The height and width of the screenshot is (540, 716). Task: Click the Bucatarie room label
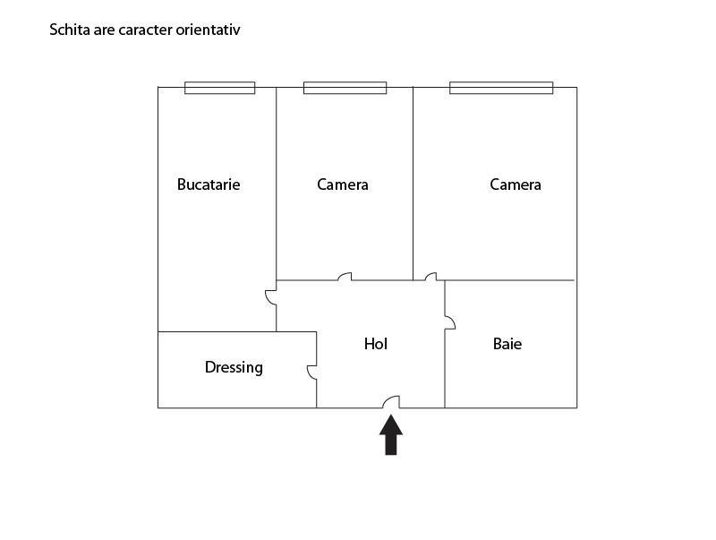[x=209, y=184]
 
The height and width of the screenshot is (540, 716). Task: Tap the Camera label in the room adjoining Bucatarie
[x=343, y=184]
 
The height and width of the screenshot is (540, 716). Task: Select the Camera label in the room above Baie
[x=516, y=184]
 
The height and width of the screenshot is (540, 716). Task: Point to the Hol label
[x=375, y=344]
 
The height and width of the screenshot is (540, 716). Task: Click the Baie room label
[x=507, y=344]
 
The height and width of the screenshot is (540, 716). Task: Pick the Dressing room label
[x=234, y=367]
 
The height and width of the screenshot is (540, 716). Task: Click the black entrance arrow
[x=391, y=434]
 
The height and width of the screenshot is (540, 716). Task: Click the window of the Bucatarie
[x=219, y=88]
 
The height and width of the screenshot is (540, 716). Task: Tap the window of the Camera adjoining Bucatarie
[x=345, y=88]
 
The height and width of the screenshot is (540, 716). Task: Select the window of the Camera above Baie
[x=501, y=88]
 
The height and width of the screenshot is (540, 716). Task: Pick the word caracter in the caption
[x=145, y=30]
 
